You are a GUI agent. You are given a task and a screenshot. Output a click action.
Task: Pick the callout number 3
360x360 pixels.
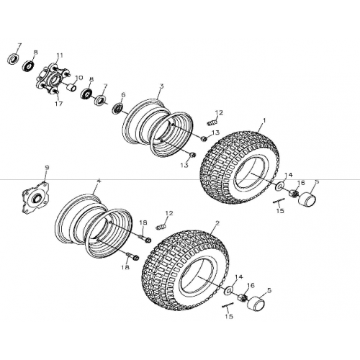pyautogui.click(x=161, y=86)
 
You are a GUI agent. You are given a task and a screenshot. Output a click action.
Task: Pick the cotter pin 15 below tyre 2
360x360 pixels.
pyautogui.click(x=228, y=305)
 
